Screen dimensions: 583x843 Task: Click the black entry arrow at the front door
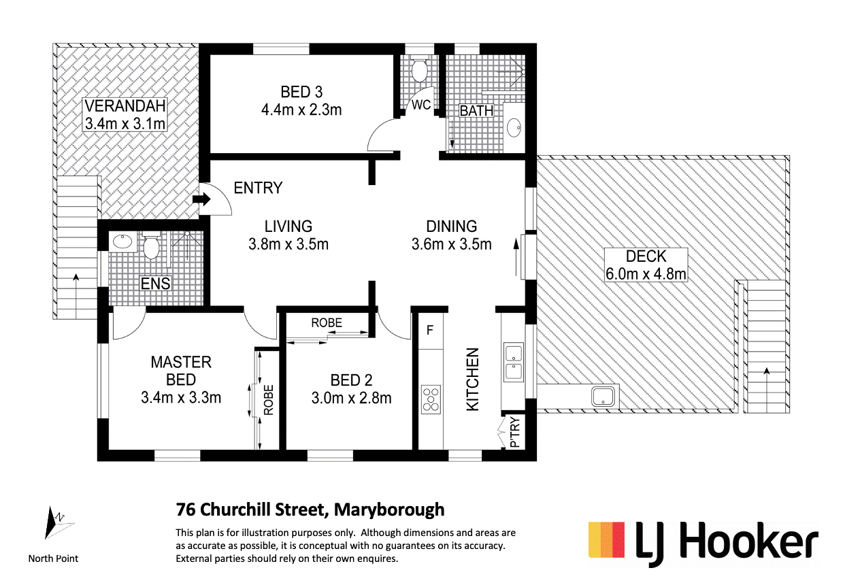(202, 200)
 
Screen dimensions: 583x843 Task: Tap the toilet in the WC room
(420, 69)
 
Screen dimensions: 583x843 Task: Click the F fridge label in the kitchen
(429, 331)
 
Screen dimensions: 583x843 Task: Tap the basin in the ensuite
(122, 241)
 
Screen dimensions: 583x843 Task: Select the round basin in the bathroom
(515, 126)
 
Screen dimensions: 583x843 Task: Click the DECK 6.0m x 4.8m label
(645, 265)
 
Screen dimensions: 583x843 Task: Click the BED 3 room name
(301, 92)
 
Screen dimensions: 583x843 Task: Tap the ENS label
(155, 284)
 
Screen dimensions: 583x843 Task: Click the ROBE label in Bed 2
(327, 323)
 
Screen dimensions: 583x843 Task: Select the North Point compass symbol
(52, 524)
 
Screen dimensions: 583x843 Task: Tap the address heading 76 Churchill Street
(310, 509)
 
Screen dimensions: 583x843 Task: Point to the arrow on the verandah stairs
(75, 278)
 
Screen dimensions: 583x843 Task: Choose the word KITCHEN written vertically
(472, 379)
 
